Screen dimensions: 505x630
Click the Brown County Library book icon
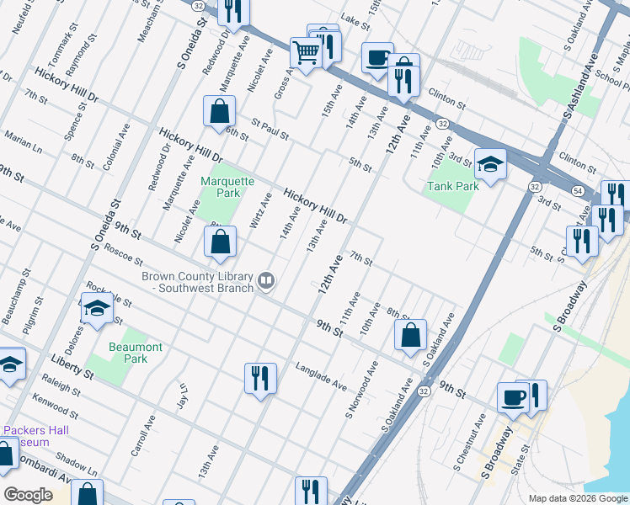point(266,279)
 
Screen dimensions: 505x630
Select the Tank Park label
point(452,186)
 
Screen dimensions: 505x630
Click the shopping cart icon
point(307,52)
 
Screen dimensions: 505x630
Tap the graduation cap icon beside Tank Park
point(490,164)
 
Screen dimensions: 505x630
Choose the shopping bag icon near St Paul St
point(219,110)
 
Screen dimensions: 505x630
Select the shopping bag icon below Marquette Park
point(219,242)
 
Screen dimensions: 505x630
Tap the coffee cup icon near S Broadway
point(513,397)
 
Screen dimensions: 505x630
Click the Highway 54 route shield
point(577,192)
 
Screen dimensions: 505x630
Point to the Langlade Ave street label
point(321,376)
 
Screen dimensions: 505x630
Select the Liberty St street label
point(71,369)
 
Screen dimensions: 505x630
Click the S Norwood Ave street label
point(362,391)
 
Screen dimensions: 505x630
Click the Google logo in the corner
point(28,495)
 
